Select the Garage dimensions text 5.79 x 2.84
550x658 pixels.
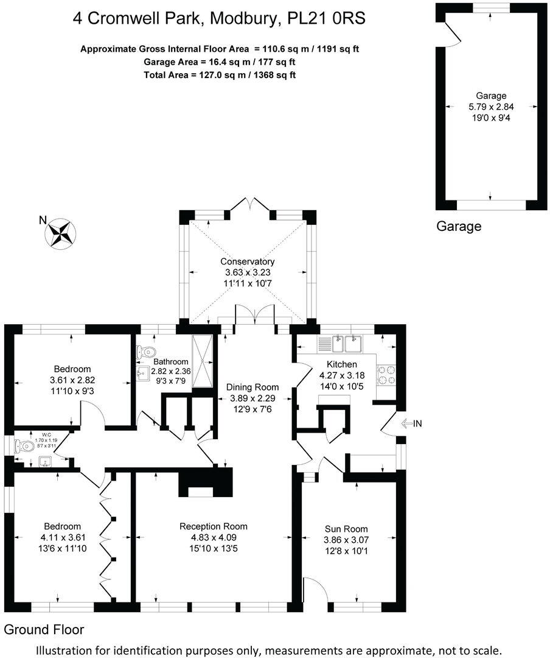(490, 107)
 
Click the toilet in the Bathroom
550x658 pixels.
(144, 352)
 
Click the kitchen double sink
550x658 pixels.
(344, 344)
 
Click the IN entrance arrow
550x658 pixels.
(412, 423)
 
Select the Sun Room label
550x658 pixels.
(346, 529)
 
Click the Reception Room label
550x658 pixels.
(214, 526)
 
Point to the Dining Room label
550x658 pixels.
(252, 387)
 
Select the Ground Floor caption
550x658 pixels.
(44, 629)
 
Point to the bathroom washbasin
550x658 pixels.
(143, 372)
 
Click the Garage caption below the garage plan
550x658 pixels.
(459, 227)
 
